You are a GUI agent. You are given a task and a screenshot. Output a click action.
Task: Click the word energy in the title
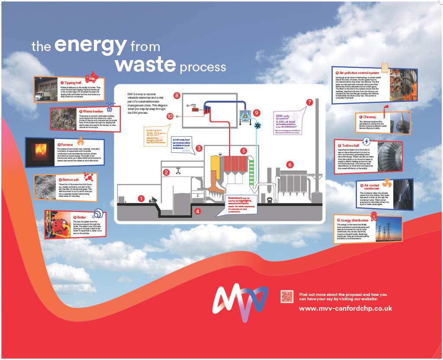pos(91,45)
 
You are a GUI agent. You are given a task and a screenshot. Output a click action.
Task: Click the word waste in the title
pos(145,64)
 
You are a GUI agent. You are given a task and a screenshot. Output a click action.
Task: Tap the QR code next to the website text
pos(287,297)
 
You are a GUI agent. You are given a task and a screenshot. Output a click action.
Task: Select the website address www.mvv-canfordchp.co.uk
pos(345,309)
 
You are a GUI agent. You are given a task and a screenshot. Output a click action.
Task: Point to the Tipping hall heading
pos(71,83)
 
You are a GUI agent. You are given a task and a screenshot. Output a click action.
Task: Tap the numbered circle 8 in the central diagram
pos(177,95)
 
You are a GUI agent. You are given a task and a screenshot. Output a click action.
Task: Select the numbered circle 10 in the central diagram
pos(170,116)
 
